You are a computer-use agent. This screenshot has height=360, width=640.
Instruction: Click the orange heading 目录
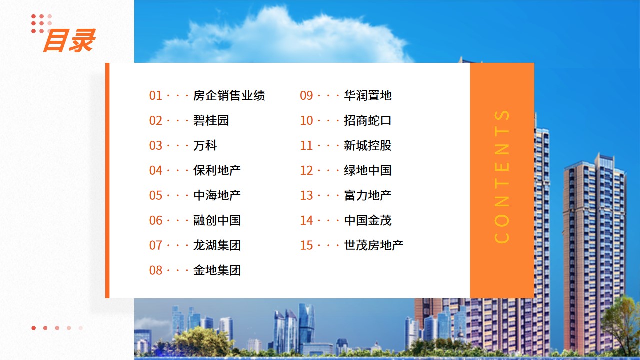coord(69,41)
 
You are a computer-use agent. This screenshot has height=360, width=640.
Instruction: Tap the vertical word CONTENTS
coord(502,177)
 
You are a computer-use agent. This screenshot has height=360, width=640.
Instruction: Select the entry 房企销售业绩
coord(229,95)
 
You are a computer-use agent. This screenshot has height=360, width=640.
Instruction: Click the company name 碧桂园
coord(211,120)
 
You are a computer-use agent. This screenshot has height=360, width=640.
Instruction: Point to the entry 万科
coord(205,145)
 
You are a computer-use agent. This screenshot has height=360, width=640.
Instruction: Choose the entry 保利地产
coord(217,170)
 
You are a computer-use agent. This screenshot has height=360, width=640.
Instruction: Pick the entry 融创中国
coord(217,220)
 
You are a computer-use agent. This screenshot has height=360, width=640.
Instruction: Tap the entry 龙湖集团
coord(217,245)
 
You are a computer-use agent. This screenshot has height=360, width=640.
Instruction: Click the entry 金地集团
coord(217,270)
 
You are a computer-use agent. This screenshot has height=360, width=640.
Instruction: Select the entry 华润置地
coord(367,95)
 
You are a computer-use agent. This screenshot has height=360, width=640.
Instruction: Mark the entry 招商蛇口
coord(367,120)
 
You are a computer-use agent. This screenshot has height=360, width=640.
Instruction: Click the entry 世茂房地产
coord(373,245)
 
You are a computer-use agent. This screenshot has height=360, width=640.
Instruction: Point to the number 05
coord(155,195)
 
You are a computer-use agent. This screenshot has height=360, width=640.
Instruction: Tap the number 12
coord(306,171)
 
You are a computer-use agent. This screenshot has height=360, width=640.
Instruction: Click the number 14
coord(306,221)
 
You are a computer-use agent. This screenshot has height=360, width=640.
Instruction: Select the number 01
coord(155,96)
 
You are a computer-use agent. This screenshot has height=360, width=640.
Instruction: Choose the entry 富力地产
coord(367,195)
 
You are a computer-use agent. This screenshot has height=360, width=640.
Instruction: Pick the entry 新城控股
coord(367,145)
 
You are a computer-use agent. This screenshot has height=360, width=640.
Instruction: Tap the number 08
coord(155,270)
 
